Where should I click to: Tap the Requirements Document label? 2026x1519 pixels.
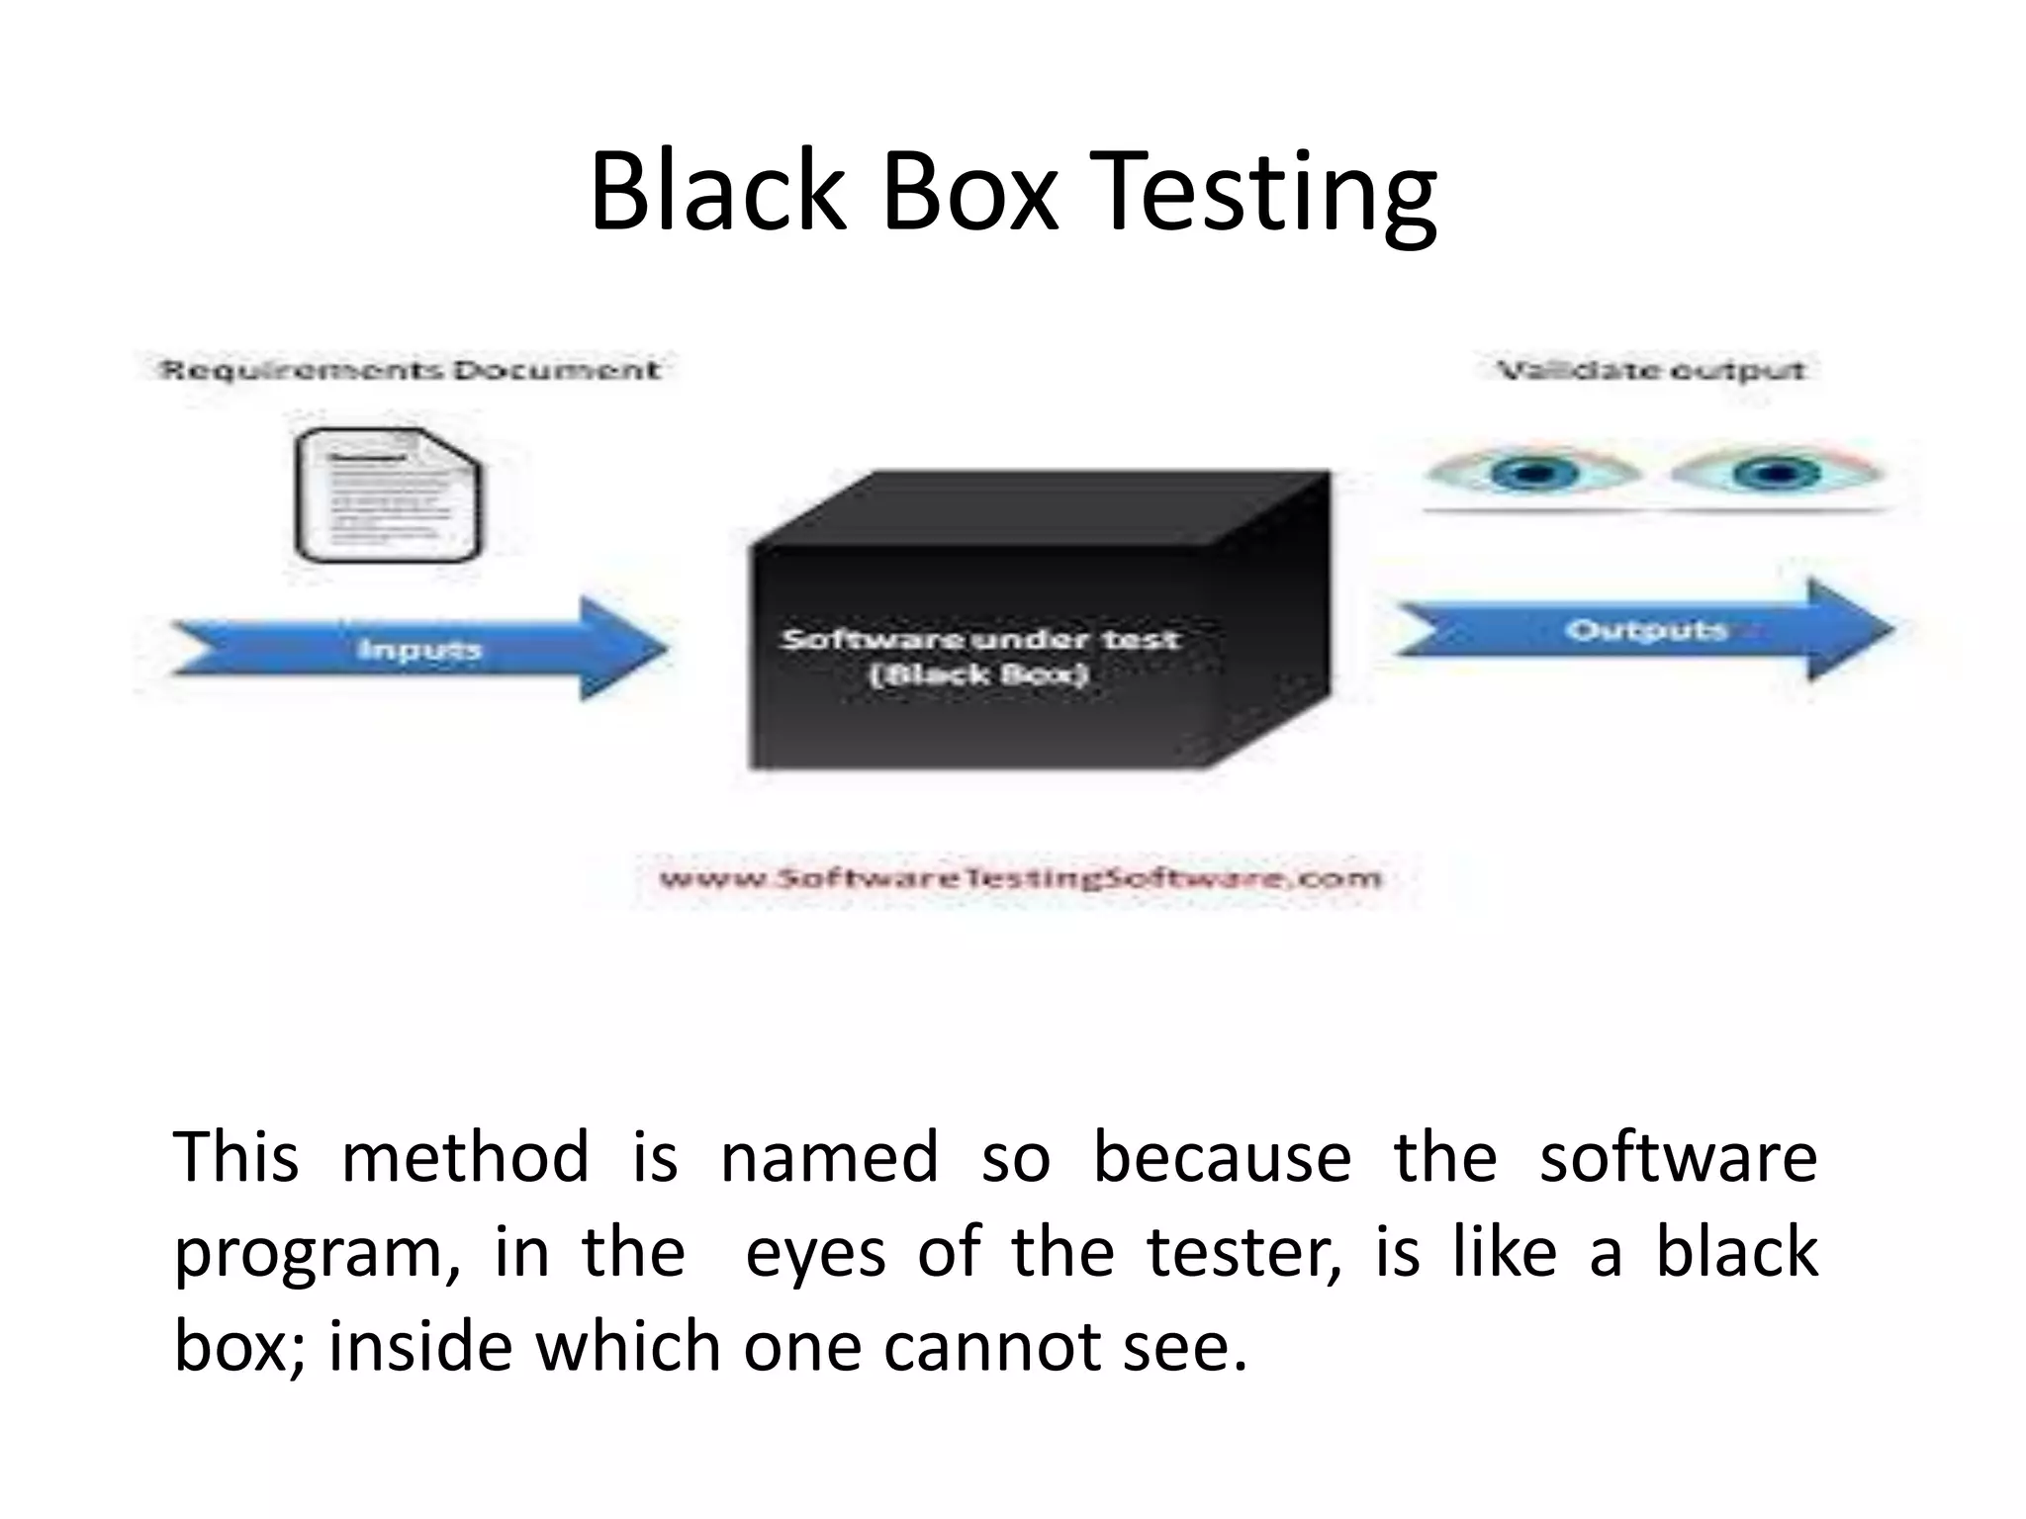(410, 371)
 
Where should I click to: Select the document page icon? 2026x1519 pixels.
(389, 494)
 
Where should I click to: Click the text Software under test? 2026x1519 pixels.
(980, 639)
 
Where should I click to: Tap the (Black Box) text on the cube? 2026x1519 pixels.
(979, 674)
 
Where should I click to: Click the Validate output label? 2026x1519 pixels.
(1651, 371)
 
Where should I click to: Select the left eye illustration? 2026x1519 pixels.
(1532, 473)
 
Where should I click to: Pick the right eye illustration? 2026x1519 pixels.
(1776, 473)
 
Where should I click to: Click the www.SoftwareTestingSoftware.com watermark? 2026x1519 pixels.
(1020, 878)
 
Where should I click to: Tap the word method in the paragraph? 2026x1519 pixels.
(464, 1156)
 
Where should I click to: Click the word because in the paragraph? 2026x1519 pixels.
(1221, 1156)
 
